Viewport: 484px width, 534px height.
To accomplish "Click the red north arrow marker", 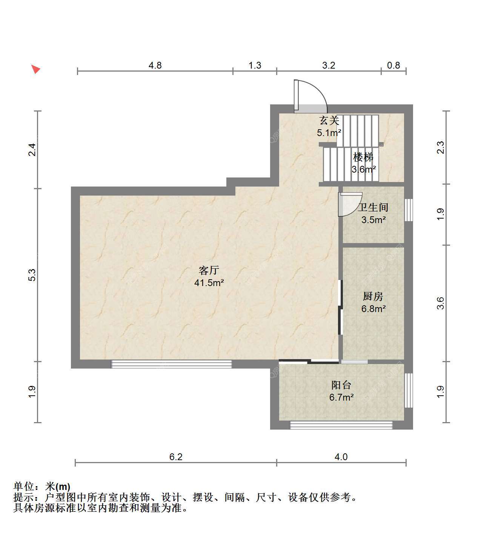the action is click(x=35, y=69).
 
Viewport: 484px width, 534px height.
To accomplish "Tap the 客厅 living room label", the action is click(x=209, y=271).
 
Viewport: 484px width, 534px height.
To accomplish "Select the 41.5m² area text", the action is click(x=209, y=282).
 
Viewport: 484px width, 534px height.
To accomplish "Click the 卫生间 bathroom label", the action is click(x=373, y=207).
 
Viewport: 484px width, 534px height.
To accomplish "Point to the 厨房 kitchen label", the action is click(x=373, y=296).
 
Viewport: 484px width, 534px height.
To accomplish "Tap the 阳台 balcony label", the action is click(x=341, y=385).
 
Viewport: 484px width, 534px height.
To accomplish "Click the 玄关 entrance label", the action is click(x=329, y=121).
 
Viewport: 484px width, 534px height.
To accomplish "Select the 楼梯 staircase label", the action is click(x=363, y=157).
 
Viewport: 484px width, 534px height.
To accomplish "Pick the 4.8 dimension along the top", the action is click(x=155, y=65).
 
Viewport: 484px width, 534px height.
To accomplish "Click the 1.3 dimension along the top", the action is click(x=255, y=65).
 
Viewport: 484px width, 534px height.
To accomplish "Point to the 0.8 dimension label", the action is click(x=393, y=65).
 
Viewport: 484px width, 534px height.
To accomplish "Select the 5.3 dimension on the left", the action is click(x=32, y=275).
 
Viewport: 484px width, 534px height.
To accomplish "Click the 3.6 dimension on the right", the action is click(x=441, y=303).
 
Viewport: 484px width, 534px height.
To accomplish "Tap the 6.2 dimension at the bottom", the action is click(x=176, y=457).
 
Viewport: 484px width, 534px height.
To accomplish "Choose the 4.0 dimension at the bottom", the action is click(x=341, y=457).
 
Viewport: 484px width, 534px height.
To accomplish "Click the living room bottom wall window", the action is click(x=171, y=364).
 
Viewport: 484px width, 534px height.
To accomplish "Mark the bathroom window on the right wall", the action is click(x=409, y=210).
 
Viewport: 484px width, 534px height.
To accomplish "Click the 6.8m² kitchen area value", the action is click(x=373, y=309).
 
